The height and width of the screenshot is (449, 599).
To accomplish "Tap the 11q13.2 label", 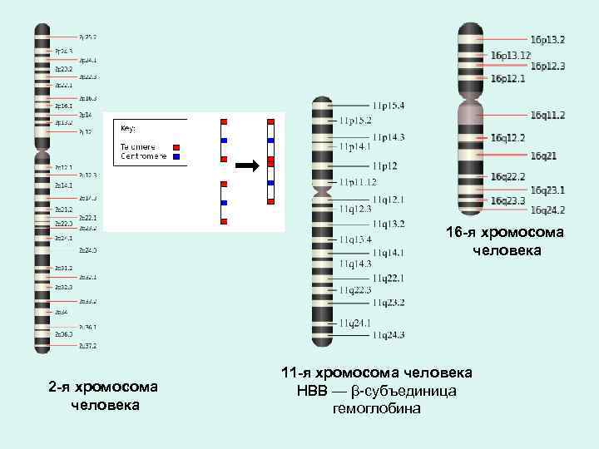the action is [389, 224].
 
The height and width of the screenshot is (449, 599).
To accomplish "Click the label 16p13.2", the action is [547, 39].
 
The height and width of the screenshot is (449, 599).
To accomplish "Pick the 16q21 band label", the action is [544, 155].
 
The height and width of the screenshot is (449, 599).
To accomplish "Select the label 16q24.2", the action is [547, 210].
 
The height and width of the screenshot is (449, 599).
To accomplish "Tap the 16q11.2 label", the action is [547, 115].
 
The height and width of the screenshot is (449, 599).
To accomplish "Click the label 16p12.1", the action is [507, 78].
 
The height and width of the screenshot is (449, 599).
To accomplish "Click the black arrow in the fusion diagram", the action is [246, 165].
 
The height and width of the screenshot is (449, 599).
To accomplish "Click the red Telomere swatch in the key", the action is [176, 147].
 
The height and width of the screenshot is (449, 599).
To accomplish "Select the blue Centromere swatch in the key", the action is [176, 155].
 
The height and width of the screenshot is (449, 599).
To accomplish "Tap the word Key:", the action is [128, 129].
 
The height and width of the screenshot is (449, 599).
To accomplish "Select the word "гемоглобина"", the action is [377, 408].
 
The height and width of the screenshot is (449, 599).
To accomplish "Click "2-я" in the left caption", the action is [58, 387].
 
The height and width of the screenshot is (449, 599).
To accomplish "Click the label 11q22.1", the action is [389, 278].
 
